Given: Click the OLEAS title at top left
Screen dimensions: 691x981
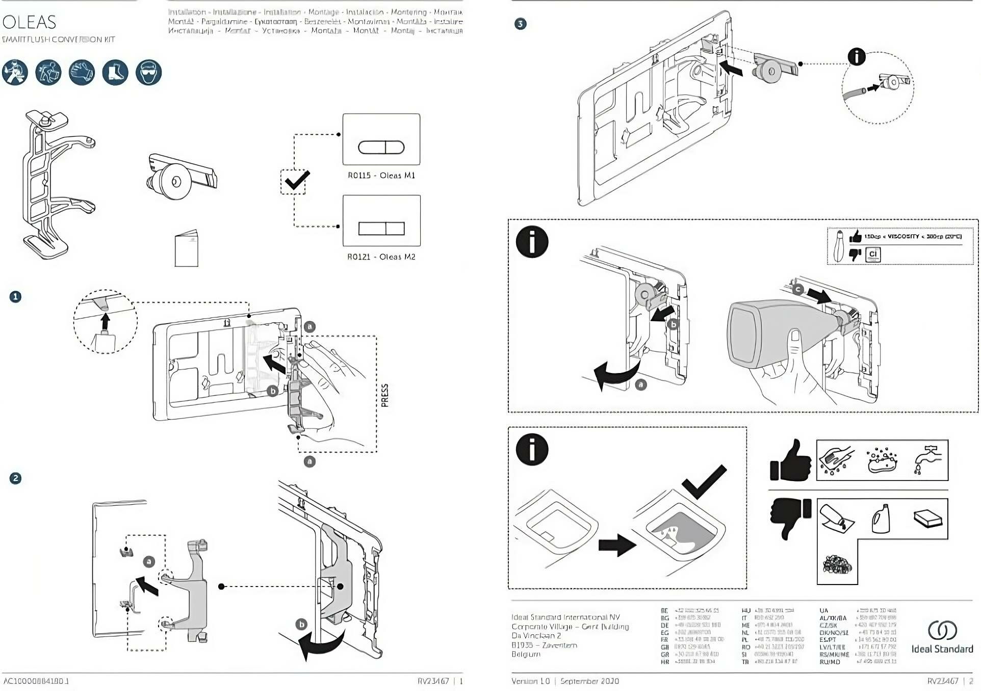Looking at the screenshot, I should coord(29,22).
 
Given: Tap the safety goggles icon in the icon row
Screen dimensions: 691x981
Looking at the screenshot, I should coord(148,72).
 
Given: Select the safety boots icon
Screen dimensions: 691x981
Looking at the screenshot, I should coord(115,72).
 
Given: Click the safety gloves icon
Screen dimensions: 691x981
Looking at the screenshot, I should coord(82,72).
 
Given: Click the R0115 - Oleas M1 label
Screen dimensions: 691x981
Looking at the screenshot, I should coord(381,175).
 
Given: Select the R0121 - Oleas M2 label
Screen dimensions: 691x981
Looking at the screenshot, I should coord(381,257).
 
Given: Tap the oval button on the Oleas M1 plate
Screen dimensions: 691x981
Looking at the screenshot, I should coord(381,147).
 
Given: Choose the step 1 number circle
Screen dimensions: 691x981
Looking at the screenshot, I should coord(16,297).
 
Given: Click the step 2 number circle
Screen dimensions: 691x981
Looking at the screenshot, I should coord(16,478).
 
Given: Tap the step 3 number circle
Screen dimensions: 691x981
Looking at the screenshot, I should coord(520,23).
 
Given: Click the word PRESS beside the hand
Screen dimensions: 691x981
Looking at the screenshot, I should coord(385,395).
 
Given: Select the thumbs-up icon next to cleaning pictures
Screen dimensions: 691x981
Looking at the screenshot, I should coord(790,461).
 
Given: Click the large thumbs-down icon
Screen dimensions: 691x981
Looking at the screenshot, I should coord(790,517).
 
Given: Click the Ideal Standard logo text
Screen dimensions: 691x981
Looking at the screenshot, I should coord(942,649).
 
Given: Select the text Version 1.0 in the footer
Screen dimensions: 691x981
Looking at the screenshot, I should coord(531,681).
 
